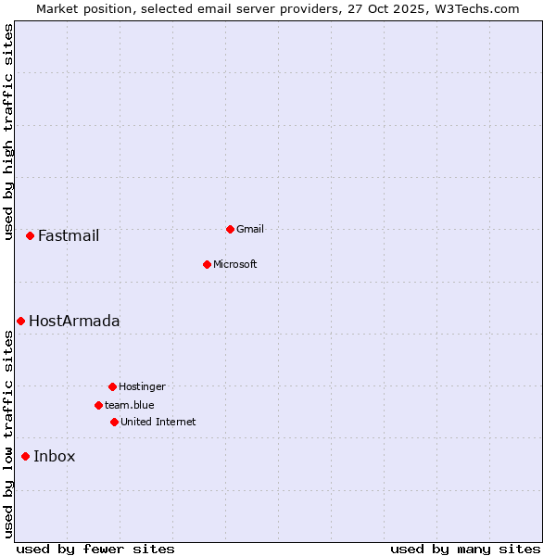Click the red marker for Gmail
230,229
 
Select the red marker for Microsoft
207,264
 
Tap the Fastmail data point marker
30,235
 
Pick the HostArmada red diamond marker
20,321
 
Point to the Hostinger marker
112,386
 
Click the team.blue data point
98,405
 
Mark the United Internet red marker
114,422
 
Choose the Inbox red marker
25,456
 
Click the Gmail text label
250,229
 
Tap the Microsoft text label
235,264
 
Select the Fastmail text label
69,235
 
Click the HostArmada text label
74,321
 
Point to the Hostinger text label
142,386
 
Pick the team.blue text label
130,405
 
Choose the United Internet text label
158,422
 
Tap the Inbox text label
55,456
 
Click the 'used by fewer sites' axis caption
95,549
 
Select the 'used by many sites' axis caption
465,549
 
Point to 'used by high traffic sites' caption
8,132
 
